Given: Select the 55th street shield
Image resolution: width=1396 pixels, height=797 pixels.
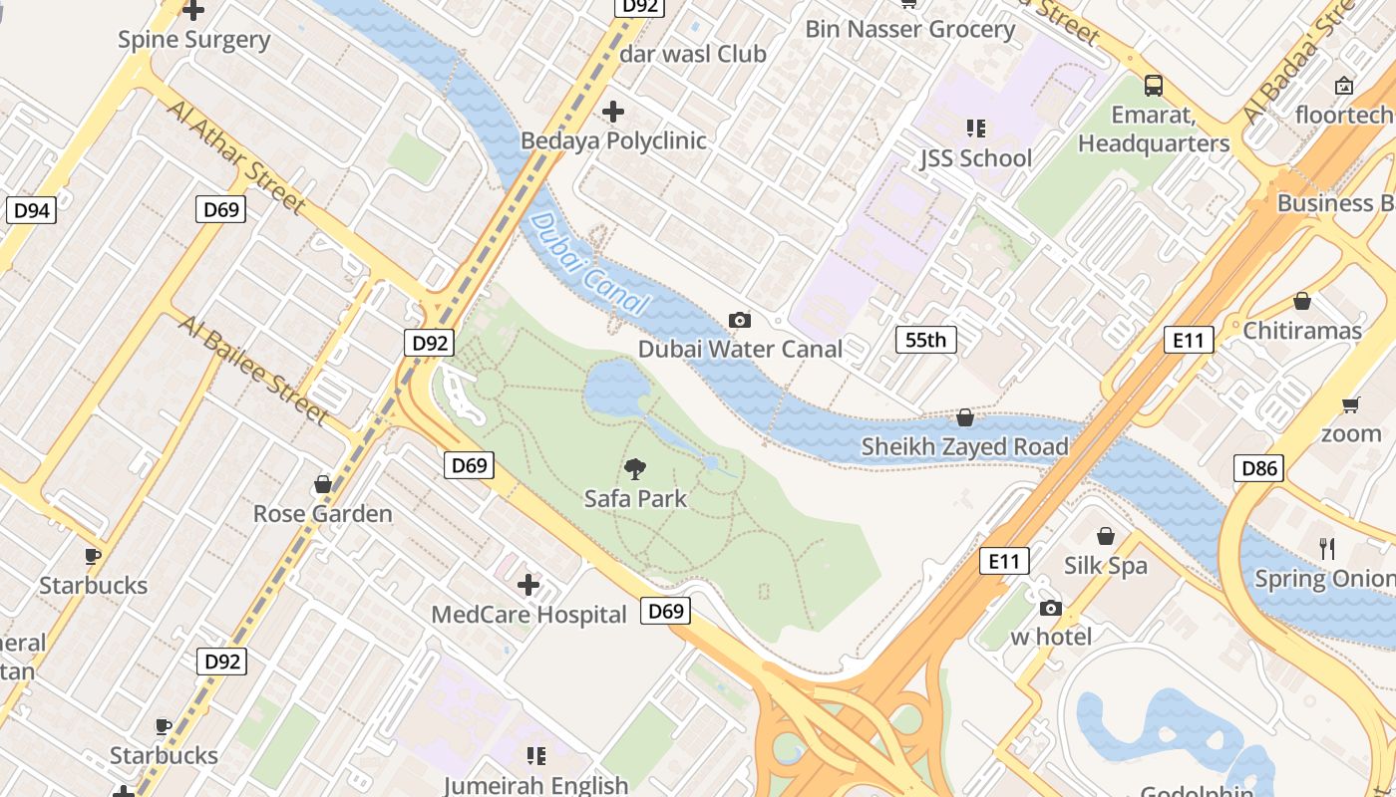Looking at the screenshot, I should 925,340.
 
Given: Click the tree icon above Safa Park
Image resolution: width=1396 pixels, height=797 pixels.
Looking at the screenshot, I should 635,468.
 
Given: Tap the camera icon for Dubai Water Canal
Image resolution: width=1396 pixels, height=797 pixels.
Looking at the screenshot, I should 739,320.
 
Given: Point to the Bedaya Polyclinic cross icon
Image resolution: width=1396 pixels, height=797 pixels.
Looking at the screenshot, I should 613,112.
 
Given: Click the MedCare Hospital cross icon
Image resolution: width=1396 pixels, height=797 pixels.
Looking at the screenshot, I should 528,585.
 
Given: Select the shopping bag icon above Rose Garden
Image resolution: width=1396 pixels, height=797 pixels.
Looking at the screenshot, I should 322,484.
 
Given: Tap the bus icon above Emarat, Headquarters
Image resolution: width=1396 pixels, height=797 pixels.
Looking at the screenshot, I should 1154,86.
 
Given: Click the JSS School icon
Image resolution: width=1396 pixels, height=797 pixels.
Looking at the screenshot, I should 975,129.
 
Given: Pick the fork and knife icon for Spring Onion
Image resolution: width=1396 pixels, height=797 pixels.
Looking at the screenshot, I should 1327,548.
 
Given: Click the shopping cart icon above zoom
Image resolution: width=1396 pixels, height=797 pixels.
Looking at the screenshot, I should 1351,404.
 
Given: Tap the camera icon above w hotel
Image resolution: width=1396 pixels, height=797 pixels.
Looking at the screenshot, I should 1050,608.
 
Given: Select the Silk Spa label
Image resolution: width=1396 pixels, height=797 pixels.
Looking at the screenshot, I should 1105,566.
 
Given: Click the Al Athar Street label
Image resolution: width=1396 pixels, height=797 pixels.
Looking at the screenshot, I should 236,156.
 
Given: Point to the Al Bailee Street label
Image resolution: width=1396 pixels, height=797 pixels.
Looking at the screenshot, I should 253,369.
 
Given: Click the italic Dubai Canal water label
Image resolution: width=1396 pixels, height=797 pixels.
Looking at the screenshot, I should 589,265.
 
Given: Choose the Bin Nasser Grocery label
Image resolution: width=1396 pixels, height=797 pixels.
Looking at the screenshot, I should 909,29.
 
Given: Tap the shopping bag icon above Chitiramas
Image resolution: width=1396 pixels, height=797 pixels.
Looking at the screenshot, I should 1301,301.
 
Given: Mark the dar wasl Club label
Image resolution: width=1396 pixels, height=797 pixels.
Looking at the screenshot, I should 692,54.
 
